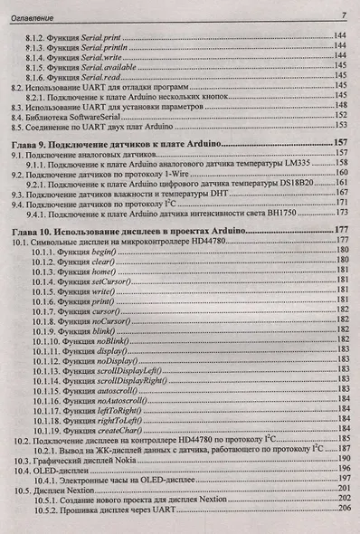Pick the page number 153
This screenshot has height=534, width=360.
tap(342, 129)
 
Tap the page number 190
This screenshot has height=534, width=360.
tap(342, 460)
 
